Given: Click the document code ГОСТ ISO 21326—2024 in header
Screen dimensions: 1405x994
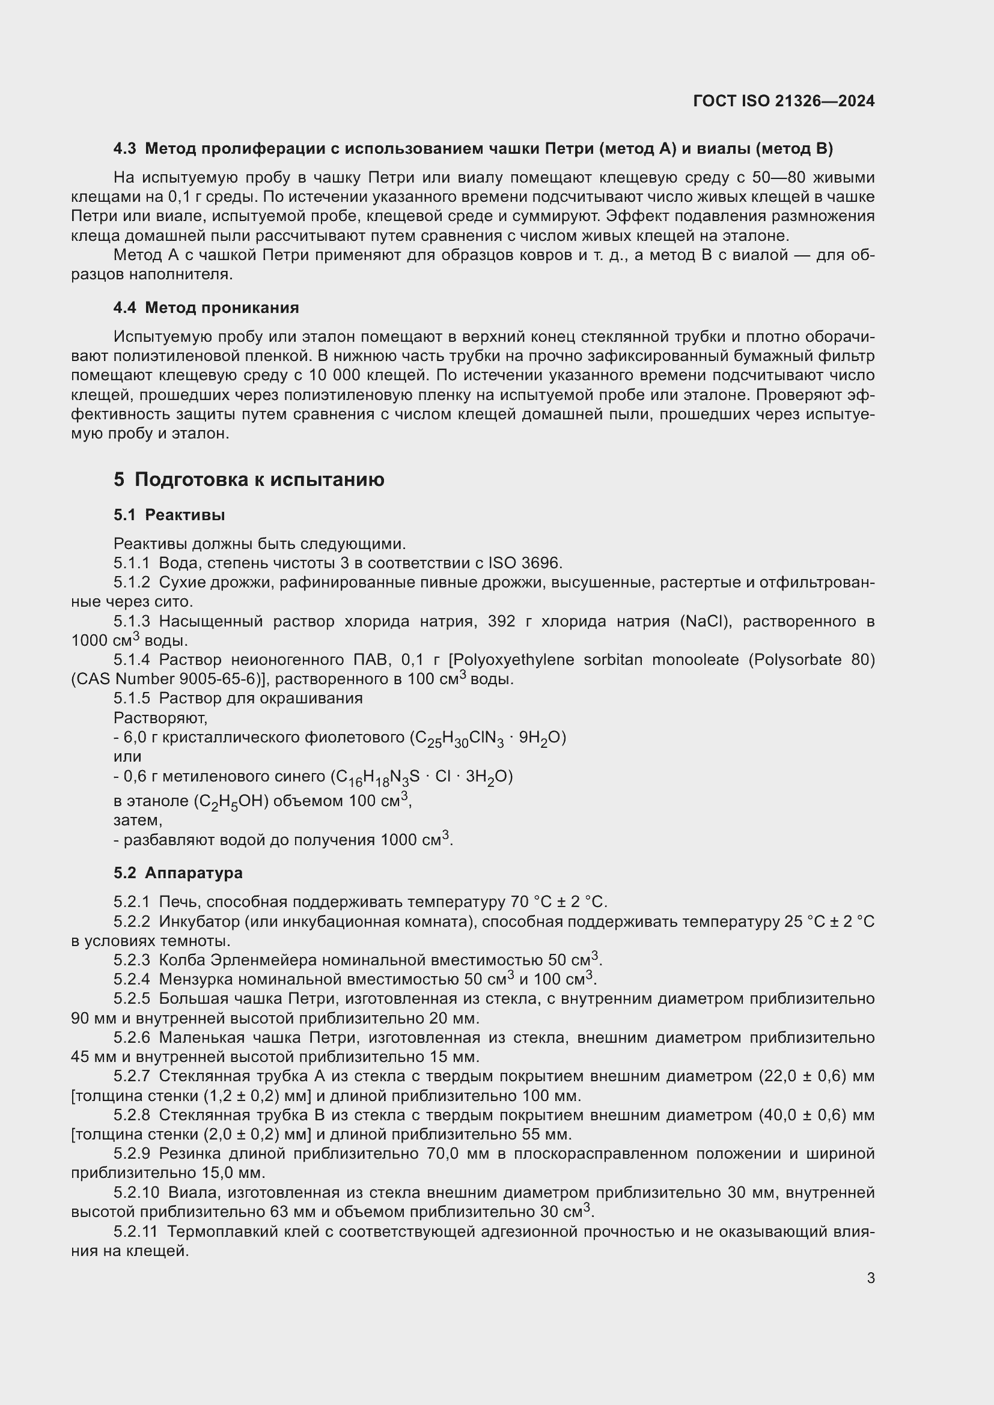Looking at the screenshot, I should coord(784,101).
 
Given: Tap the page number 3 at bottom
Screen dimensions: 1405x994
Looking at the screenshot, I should coord(870,1278).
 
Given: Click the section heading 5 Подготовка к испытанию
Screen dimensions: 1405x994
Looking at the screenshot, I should coord(249,480).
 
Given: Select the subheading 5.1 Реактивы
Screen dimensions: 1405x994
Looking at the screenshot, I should coord(169,515).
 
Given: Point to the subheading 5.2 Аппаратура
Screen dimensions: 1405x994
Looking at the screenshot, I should coord(177,873).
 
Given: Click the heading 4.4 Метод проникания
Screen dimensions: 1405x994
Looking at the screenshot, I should coord(206,308).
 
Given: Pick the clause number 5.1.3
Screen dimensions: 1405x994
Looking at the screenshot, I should coord(132,622).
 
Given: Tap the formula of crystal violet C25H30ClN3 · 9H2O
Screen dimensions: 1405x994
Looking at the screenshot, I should coord(487,739).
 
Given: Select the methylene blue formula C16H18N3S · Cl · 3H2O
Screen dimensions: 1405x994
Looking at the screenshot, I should coord(421,777).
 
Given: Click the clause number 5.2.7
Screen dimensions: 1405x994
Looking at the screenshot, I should coord(132,1076).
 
